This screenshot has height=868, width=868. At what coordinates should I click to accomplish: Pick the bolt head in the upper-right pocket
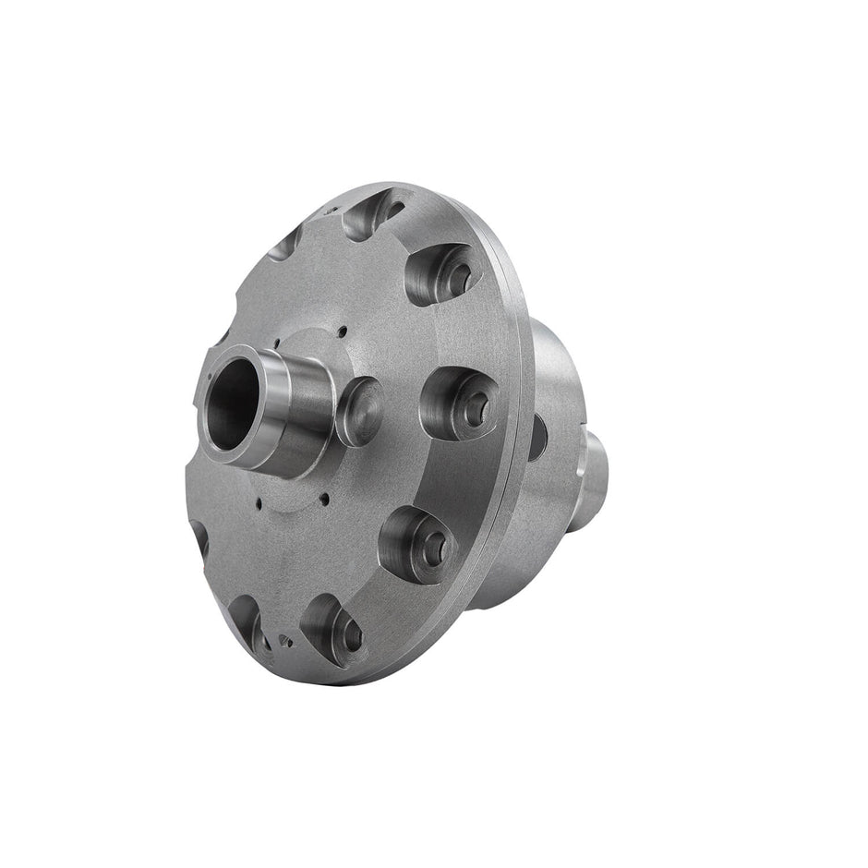click(x=455, y=272)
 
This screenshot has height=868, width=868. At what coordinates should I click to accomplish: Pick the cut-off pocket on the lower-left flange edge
click(x=199, y=536)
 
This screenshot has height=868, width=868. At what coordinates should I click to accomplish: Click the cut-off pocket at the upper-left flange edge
click(x=285, y=242)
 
